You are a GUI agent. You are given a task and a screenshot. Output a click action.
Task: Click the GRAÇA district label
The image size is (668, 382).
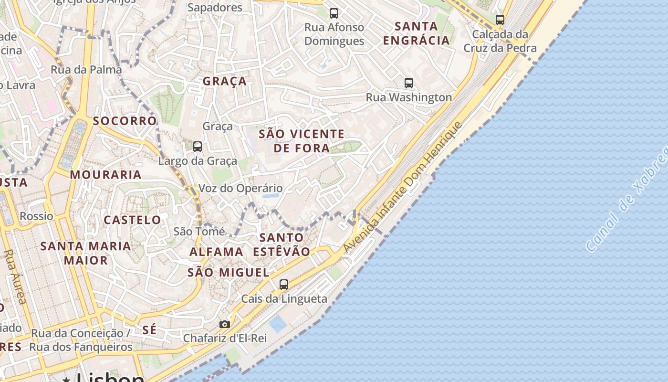click(x=225, y=81)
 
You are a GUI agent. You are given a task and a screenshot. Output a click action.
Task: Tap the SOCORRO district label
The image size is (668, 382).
click(x=125, y=121)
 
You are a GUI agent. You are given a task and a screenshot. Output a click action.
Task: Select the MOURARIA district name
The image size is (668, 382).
click(x=105, y=175)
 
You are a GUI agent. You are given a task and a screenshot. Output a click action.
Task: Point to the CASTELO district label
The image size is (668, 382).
click(x=132, y=220)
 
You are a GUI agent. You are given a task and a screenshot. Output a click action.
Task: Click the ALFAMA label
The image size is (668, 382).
click(x=216, y=252)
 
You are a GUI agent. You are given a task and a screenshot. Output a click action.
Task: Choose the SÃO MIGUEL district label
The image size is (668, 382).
click(x=228, y=273)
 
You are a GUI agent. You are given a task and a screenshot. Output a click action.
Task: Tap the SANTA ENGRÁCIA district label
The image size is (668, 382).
click(x=417, y=33)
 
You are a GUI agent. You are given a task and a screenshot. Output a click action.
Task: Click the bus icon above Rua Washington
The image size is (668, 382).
click(x=409, y=83)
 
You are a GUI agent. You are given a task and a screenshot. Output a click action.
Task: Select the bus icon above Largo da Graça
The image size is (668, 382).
click(x=198, y=147)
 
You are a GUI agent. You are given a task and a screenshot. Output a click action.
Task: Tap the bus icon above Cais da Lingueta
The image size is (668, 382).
click(x=284, y=285)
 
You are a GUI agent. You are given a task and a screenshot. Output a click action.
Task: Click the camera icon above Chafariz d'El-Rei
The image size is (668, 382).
click(x=224, y=324)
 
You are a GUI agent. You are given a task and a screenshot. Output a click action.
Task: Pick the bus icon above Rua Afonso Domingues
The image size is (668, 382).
click(x=334, y=13)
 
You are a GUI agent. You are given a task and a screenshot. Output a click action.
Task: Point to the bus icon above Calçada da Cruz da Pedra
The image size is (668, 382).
click(x=500, y=20)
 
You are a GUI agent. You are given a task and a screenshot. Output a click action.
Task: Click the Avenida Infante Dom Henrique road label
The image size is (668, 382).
click(x=403, y=187)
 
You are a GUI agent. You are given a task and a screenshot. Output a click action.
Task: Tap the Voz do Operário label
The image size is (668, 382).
click(x=240, y=188)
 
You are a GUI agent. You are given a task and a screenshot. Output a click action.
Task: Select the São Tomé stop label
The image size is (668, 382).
click(x=199, y=232)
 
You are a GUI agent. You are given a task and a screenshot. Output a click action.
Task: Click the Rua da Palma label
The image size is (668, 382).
click(x=86, y=70)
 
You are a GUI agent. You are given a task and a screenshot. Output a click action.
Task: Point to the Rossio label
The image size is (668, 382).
click(x=36, y=216)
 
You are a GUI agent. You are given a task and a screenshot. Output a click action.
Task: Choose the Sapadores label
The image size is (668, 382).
click(x=215, y=8)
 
